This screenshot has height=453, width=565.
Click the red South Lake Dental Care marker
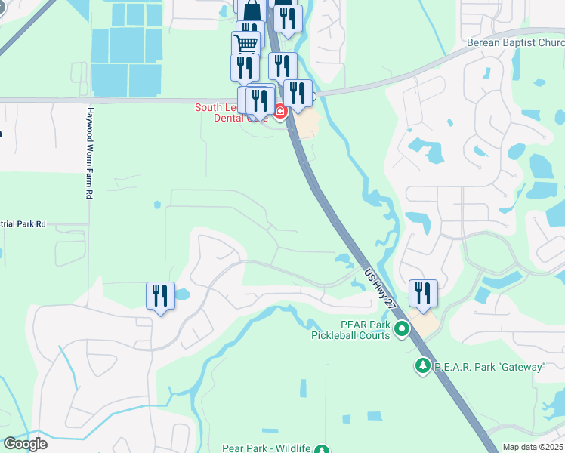point(280,112)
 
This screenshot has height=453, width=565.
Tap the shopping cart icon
point(245,43)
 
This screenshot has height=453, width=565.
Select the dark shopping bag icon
point(252,11)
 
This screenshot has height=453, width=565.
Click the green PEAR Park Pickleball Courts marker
point(402,328)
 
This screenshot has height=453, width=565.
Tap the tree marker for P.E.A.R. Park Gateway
point(423,366)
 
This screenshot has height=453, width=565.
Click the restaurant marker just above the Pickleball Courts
point(423,292)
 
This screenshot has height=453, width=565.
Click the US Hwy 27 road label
point(380,288)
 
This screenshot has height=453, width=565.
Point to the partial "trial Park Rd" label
point(23,224)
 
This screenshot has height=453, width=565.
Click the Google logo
point(25,443)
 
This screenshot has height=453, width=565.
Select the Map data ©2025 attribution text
point(533,447)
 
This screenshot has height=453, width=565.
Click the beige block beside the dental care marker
point(306,125)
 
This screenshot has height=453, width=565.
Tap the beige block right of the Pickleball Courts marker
point(427,326)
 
